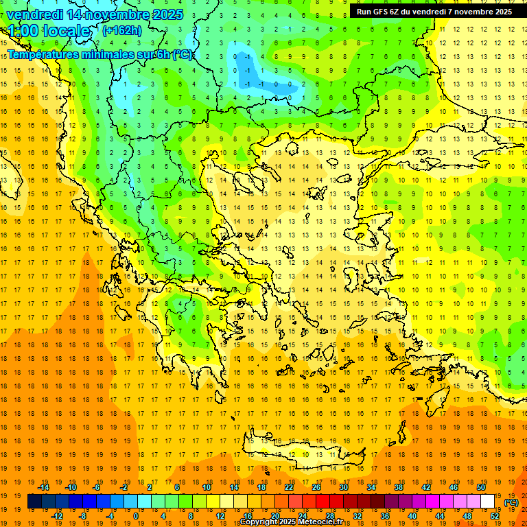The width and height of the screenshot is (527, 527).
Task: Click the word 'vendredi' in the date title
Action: pos(35,14)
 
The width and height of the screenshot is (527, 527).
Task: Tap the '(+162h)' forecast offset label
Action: pos(121,30)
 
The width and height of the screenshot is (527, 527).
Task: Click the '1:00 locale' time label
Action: pos(49,31)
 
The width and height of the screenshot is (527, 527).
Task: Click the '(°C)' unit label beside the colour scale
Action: pos(511,502)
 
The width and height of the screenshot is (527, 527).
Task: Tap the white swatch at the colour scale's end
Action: pos(488,502)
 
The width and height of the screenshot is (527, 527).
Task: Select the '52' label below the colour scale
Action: pos(495,516)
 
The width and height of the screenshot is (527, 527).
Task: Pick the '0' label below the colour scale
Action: pos(137,516)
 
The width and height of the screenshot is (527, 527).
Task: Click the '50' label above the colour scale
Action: pos(481,487)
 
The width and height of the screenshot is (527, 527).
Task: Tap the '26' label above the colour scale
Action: pos(316,487)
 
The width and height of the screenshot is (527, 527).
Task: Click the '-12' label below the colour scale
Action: pos(58,516)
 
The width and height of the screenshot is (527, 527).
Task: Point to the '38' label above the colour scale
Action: pos(399,487)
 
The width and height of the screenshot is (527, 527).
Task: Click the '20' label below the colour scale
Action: pos(275,516)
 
